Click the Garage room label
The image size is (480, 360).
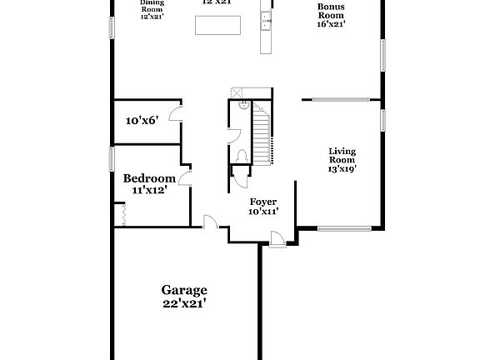click(x=183, y=290)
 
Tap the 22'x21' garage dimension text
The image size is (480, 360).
click(x=183, y=303)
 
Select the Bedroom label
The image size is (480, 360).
click(x=149, y=178)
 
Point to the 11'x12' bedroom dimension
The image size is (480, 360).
click(x=149, y=190)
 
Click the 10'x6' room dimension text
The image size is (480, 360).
click(x=142, y=121)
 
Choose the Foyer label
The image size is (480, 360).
click(x=263, y=202)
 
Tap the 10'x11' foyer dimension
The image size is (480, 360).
click(x=263, y=212)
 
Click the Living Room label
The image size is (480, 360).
click(x=342, y=156)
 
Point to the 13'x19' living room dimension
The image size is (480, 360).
click(x=342, y=169)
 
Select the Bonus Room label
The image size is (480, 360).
click(x=330, y=11)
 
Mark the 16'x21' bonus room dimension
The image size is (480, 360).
click(x=330, y=25)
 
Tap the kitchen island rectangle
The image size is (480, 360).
click(x=219, y=25)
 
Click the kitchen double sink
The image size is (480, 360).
click(x=267, y=20)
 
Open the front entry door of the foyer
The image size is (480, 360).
click(x=277, y=240)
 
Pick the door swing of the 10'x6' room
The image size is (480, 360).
click(x=176, y=115)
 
